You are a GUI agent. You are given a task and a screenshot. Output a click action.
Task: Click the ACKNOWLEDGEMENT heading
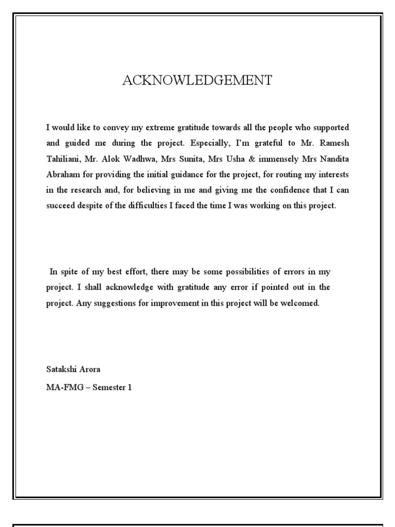click(x=197, y=80)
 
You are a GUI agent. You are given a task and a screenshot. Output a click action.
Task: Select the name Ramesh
click(x=336, y=143)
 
